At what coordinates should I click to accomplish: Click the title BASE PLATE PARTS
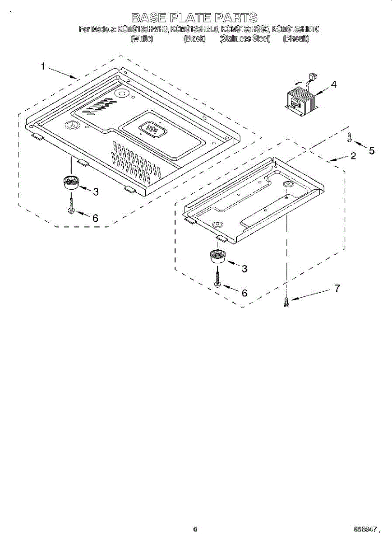click(x=194, y=18)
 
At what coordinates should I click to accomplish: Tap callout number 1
click(x=43, y=67)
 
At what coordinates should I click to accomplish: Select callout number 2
click(x=353, y=156)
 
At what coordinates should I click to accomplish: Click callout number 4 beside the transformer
click(x=333, y=84)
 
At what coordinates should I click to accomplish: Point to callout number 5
click(x=372, y=151)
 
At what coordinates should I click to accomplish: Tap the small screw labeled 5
click(x=348, y=136)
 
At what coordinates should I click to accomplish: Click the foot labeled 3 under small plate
click(x=218, y=257)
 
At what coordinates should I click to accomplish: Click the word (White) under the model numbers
click(x=142, y=39)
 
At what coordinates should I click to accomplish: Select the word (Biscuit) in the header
click(x=296, y=39)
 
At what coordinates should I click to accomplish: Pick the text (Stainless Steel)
click(x=245, y=39)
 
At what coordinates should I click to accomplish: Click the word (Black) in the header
click(x=194, y=39)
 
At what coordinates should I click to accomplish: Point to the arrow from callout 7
click(x=311, y=295)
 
